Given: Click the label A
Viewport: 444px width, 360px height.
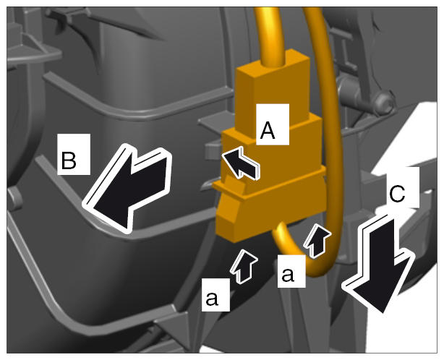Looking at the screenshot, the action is pos(273,124).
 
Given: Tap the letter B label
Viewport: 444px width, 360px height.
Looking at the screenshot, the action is pos(74,154).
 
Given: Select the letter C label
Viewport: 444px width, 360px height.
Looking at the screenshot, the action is pos(403,187).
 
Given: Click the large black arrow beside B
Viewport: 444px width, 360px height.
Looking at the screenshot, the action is pos(126,189).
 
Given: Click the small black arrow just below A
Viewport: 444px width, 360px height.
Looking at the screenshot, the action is pos(241,163).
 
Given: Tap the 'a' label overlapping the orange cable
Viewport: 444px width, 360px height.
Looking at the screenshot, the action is pos(291,271).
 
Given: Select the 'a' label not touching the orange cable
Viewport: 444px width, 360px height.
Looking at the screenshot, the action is pos(215,295).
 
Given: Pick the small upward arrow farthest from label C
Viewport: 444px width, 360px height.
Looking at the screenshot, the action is pos(244,266).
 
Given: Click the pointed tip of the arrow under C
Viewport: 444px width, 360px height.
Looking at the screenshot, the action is pos(383,313).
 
